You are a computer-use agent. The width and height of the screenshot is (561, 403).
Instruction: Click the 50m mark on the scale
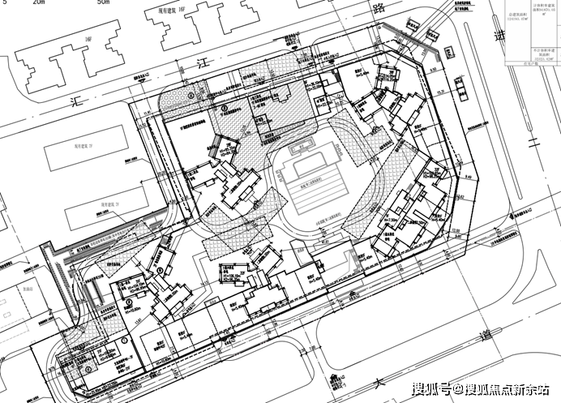coord(102,3)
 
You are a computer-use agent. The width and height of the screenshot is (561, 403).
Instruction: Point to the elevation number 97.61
coord(325,241)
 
